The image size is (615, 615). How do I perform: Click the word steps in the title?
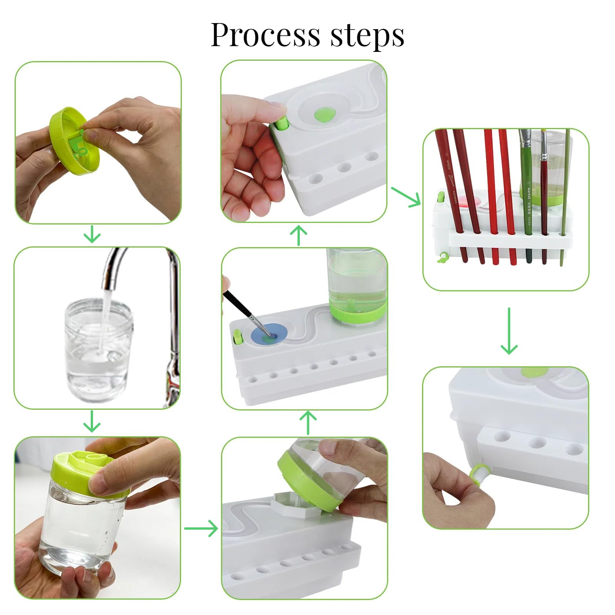point(367,35)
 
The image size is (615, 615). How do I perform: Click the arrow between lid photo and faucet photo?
point(92,234)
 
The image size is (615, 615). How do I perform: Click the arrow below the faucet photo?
point(92,421)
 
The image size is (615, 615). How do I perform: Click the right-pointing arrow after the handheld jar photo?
point(201,529)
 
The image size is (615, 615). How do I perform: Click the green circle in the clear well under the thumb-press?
point(325,113)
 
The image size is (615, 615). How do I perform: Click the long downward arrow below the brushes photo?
point(509,331)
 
